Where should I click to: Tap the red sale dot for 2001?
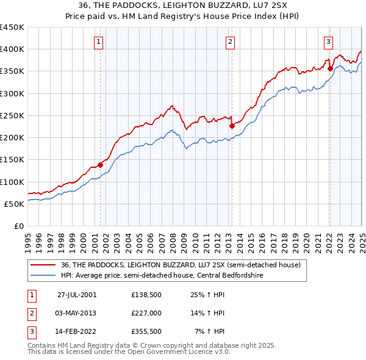point(101,164)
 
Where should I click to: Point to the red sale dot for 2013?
point(232,126)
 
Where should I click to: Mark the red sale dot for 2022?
point(330,68)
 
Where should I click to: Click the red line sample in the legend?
point(43,265)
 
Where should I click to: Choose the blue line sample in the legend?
point(43,275)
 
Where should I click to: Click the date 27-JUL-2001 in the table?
point(76,293)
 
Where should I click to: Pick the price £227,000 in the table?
point(146,313)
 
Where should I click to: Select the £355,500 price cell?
point(146,333)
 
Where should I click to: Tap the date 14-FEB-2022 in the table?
point(76,333)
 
